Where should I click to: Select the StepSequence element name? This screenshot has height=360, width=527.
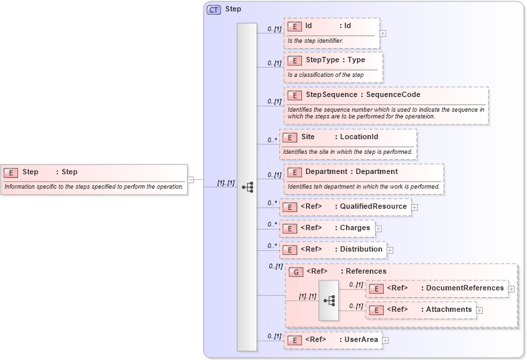[x=331, y=95]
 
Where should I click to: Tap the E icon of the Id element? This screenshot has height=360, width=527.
[x=294, y=26]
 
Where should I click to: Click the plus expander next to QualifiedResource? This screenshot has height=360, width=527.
[x=415, y=207]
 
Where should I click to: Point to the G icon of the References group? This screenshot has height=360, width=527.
[x=295, y=272]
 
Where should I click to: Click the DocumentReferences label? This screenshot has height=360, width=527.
[x=465, y=288]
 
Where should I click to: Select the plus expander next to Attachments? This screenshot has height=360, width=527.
[x=479, y=310]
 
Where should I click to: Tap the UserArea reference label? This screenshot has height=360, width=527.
[x=361, y=340]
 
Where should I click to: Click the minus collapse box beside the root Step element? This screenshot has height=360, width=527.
[x=191, y=179]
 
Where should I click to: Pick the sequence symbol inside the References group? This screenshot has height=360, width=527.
[x=329, y=300]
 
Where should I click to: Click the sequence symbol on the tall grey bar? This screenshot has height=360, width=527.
[x=246, y=187]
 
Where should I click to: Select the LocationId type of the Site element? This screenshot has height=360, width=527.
[x=359, y=137]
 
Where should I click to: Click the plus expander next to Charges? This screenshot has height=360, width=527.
[x=378, y=229]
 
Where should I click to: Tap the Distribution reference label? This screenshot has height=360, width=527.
[x=361, y=250]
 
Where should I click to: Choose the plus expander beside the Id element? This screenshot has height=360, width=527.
[x=382, y=32]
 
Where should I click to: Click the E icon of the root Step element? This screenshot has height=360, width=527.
[x=10, y=173]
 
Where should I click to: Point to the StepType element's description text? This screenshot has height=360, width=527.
[x=325, y=75]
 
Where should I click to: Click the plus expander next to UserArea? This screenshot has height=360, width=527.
[x=386, y=341]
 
